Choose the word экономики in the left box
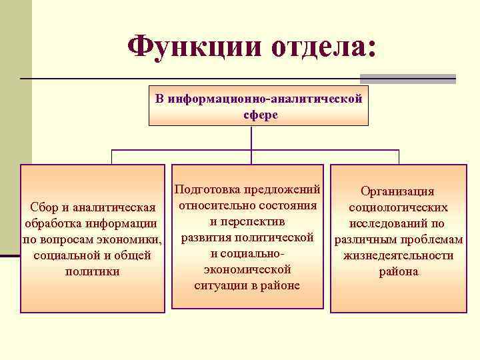(134, 239)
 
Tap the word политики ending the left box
(93, 271)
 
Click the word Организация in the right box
(397, 191)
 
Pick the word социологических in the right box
(398, 207)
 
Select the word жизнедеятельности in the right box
(398, 255)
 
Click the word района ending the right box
(398, 271)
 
